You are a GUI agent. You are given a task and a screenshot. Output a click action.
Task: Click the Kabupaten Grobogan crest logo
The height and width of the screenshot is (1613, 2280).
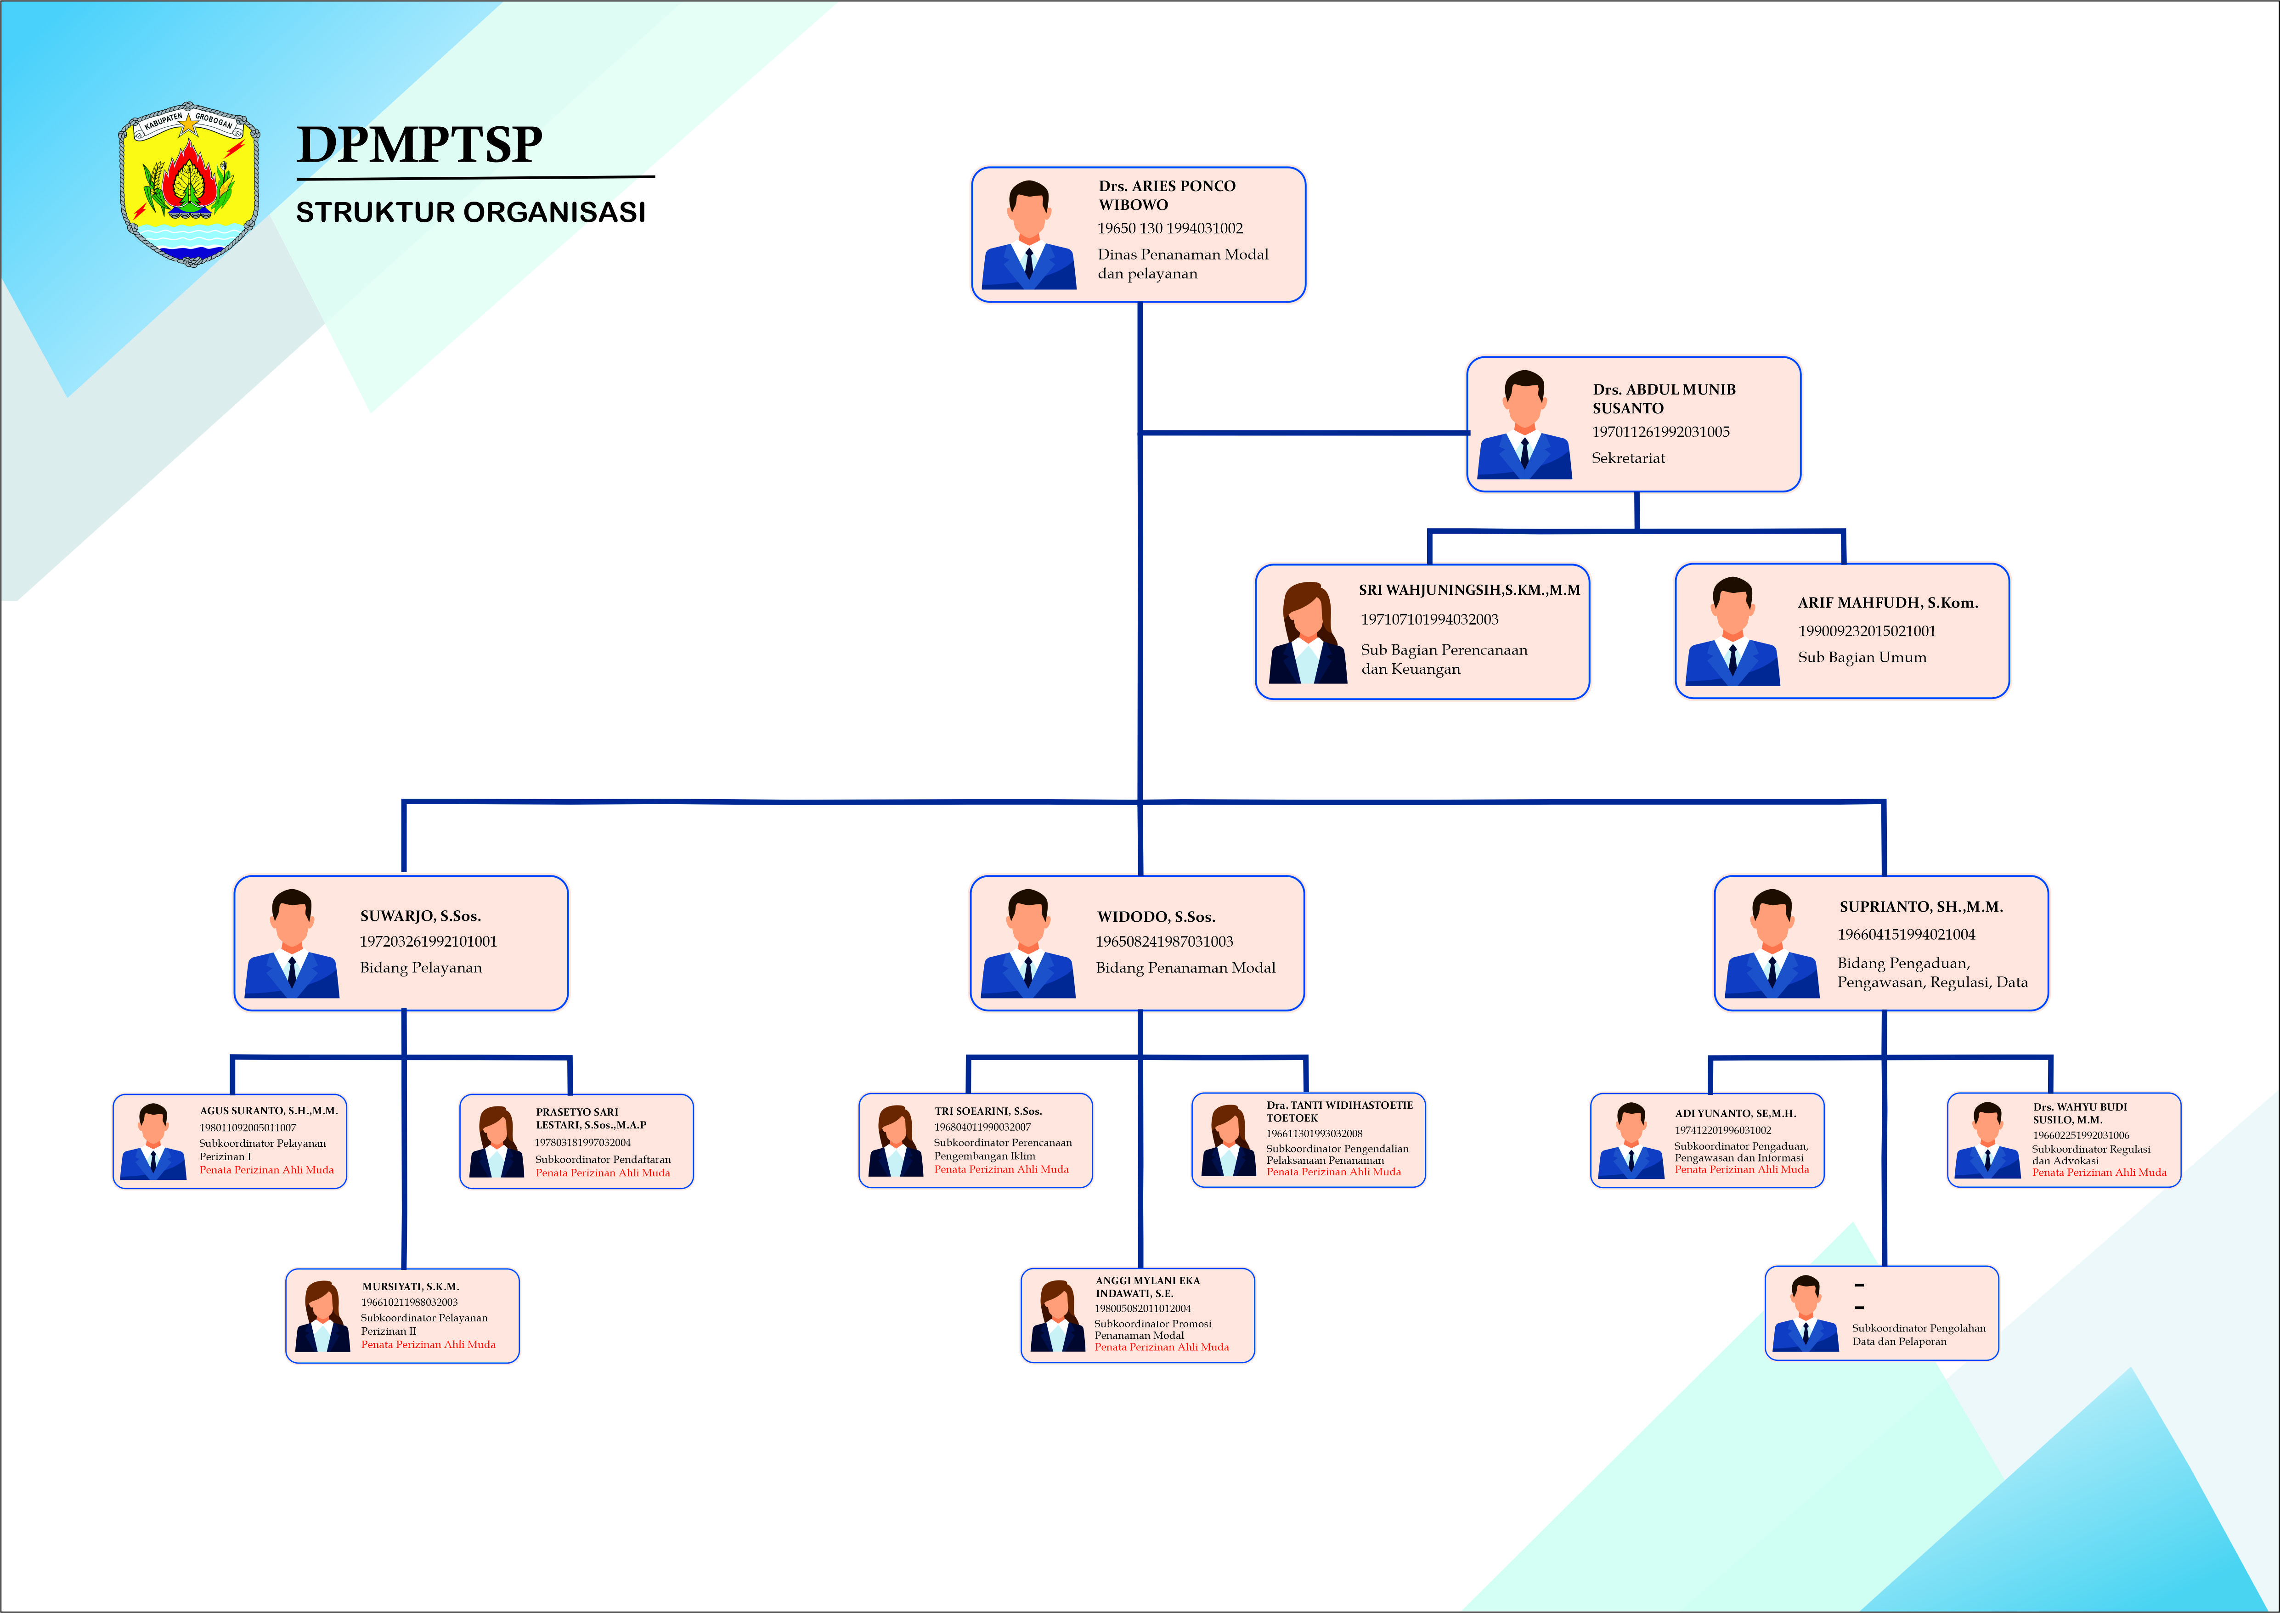coord(189,184)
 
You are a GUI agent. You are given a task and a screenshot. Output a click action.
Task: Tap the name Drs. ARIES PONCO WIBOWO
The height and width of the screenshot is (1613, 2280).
coord(1167,195)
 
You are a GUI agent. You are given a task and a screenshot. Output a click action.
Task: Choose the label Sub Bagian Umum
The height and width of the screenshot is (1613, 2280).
coord(1862,658)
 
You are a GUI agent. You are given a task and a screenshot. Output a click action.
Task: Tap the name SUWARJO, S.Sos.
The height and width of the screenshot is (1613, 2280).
coord(420,916)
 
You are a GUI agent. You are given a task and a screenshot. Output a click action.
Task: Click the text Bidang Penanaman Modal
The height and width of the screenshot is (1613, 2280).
coord(1185,967)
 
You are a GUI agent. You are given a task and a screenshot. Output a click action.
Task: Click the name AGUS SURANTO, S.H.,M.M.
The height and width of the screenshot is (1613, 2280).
coord(268,1111)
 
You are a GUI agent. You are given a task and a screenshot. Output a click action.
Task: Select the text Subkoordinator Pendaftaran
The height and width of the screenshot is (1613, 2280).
coord(603,1159)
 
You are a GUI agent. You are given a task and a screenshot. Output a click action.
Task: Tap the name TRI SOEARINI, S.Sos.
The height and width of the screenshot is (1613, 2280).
coord(988,1111)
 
